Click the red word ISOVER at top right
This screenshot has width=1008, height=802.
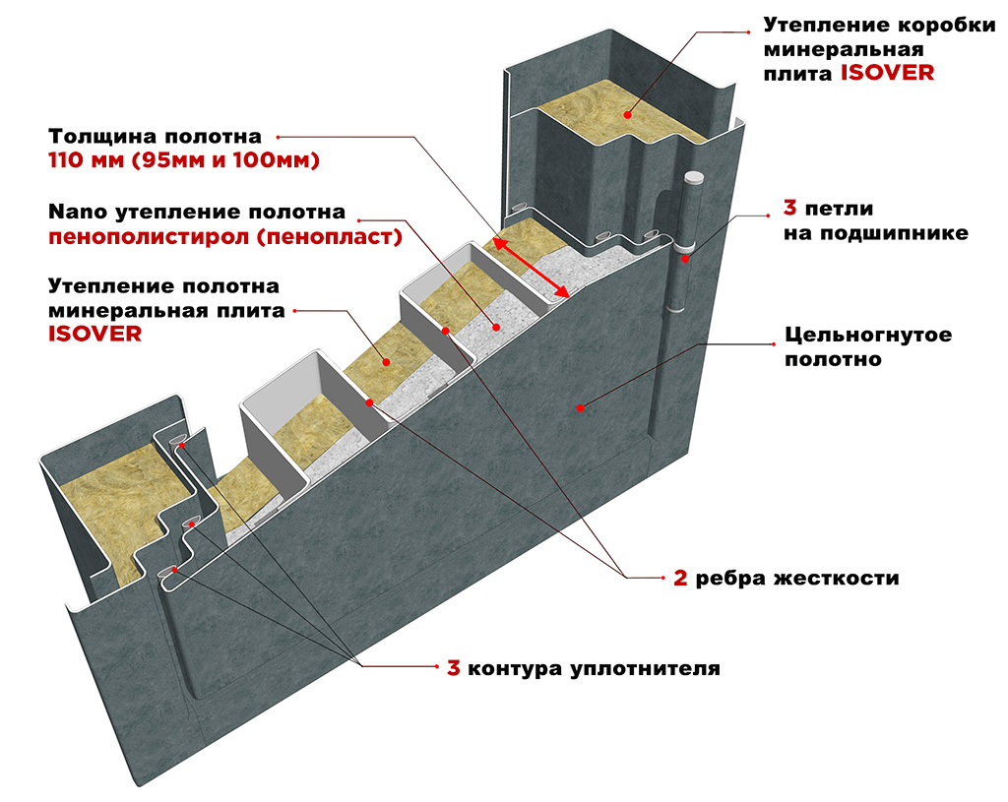(887, 73)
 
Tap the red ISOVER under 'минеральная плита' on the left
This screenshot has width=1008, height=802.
(95, 334)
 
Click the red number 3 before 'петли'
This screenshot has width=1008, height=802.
(789, 209)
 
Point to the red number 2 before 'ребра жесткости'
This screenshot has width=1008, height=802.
(680, 578)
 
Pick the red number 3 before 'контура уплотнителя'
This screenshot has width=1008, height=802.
(454, 668)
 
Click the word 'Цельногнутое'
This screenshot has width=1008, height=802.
(867, 335)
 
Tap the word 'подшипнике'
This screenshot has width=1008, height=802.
(876, 233)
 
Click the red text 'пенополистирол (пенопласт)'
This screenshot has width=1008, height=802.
(225, 237)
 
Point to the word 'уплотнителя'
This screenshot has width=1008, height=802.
(643, 669)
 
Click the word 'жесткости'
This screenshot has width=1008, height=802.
(850, 578)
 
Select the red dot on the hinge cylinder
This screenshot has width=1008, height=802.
(683, 260)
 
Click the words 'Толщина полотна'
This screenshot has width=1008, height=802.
(156, 136)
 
